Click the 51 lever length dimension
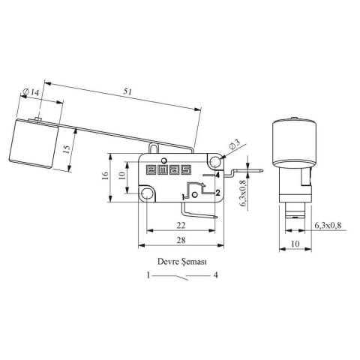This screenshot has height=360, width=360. coord(127,91)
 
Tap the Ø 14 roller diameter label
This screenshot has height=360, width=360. coord(31,92)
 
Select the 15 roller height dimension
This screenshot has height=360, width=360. coord(67,149)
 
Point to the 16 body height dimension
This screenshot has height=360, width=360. coord(106,175)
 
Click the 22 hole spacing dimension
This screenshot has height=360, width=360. coord(181,225)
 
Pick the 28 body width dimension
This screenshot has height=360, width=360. coord(181,240)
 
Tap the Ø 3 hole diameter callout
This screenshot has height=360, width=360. coord(234,145)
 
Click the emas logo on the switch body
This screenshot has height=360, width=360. coord(169,170)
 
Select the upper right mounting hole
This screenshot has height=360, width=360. coord(214,161)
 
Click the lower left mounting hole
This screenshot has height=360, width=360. coord(146,193)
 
